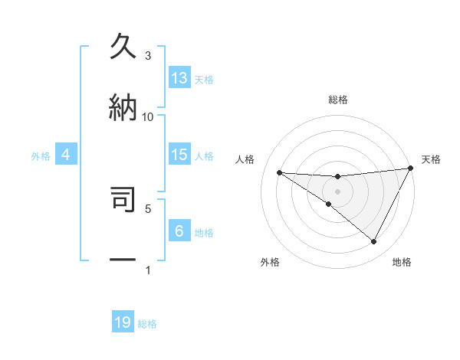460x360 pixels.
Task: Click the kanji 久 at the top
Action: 123,47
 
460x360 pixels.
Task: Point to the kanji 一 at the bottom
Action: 123,260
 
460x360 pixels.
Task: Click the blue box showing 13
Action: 179,78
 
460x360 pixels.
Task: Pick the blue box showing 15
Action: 179,155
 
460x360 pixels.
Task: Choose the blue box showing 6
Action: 179,231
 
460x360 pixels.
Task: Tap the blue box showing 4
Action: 66,155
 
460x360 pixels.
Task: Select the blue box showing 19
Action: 123,322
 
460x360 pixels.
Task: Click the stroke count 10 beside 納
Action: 148,116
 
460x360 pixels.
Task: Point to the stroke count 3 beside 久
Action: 148,56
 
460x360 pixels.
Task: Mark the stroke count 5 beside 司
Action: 148,208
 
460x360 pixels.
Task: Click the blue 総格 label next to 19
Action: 147,324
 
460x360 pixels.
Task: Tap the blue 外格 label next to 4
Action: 41,156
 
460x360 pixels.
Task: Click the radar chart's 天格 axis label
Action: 431,159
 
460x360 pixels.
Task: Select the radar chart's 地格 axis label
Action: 402,262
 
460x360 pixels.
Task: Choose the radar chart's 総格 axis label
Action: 338,100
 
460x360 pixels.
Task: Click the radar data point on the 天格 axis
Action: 410,169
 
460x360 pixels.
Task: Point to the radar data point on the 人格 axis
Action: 279,172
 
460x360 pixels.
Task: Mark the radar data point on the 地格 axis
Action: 374,242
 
